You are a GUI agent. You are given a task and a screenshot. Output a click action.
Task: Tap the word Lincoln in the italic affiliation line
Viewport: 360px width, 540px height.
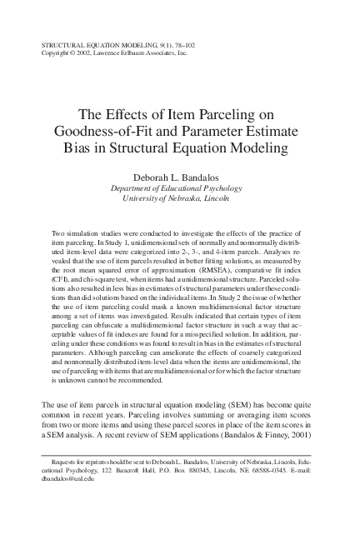coord(212,199)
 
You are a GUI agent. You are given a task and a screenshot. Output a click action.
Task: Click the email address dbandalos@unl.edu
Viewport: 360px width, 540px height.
coord(68,479)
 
